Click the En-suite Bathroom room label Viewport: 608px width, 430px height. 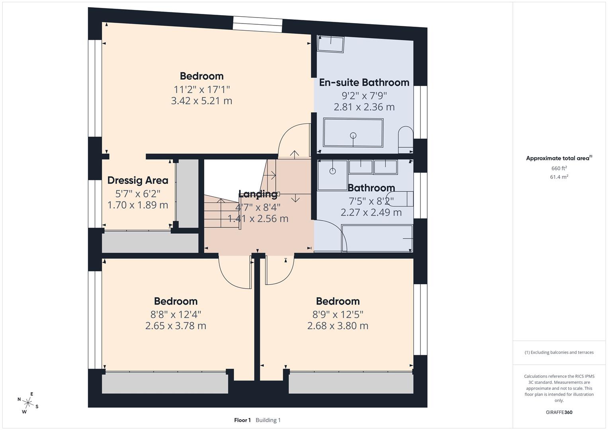364,82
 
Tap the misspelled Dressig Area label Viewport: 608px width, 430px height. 138,180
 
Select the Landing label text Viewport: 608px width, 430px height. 258,194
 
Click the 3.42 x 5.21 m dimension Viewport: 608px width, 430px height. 201,101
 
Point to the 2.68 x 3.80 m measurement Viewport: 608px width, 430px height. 338,326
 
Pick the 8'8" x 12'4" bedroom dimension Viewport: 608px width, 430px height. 176,315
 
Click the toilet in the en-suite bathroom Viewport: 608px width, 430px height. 406,139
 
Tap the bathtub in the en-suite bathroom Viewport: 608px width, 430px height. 353,133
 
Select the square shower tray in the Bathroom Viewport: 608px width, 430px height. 332,174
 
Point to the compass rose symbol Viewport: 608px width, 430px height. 27,403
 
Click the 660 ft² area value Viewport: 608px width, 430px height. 559,168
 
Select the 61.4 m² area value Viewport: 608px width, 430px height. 559,177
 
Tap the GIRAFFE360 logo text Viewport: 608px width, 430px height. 559,412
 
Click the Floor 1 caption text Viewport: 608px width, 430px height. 242,420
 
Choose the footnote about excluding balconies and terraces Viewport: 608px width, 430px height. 559,352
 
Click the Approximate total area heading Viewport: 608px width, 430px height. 558,158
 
